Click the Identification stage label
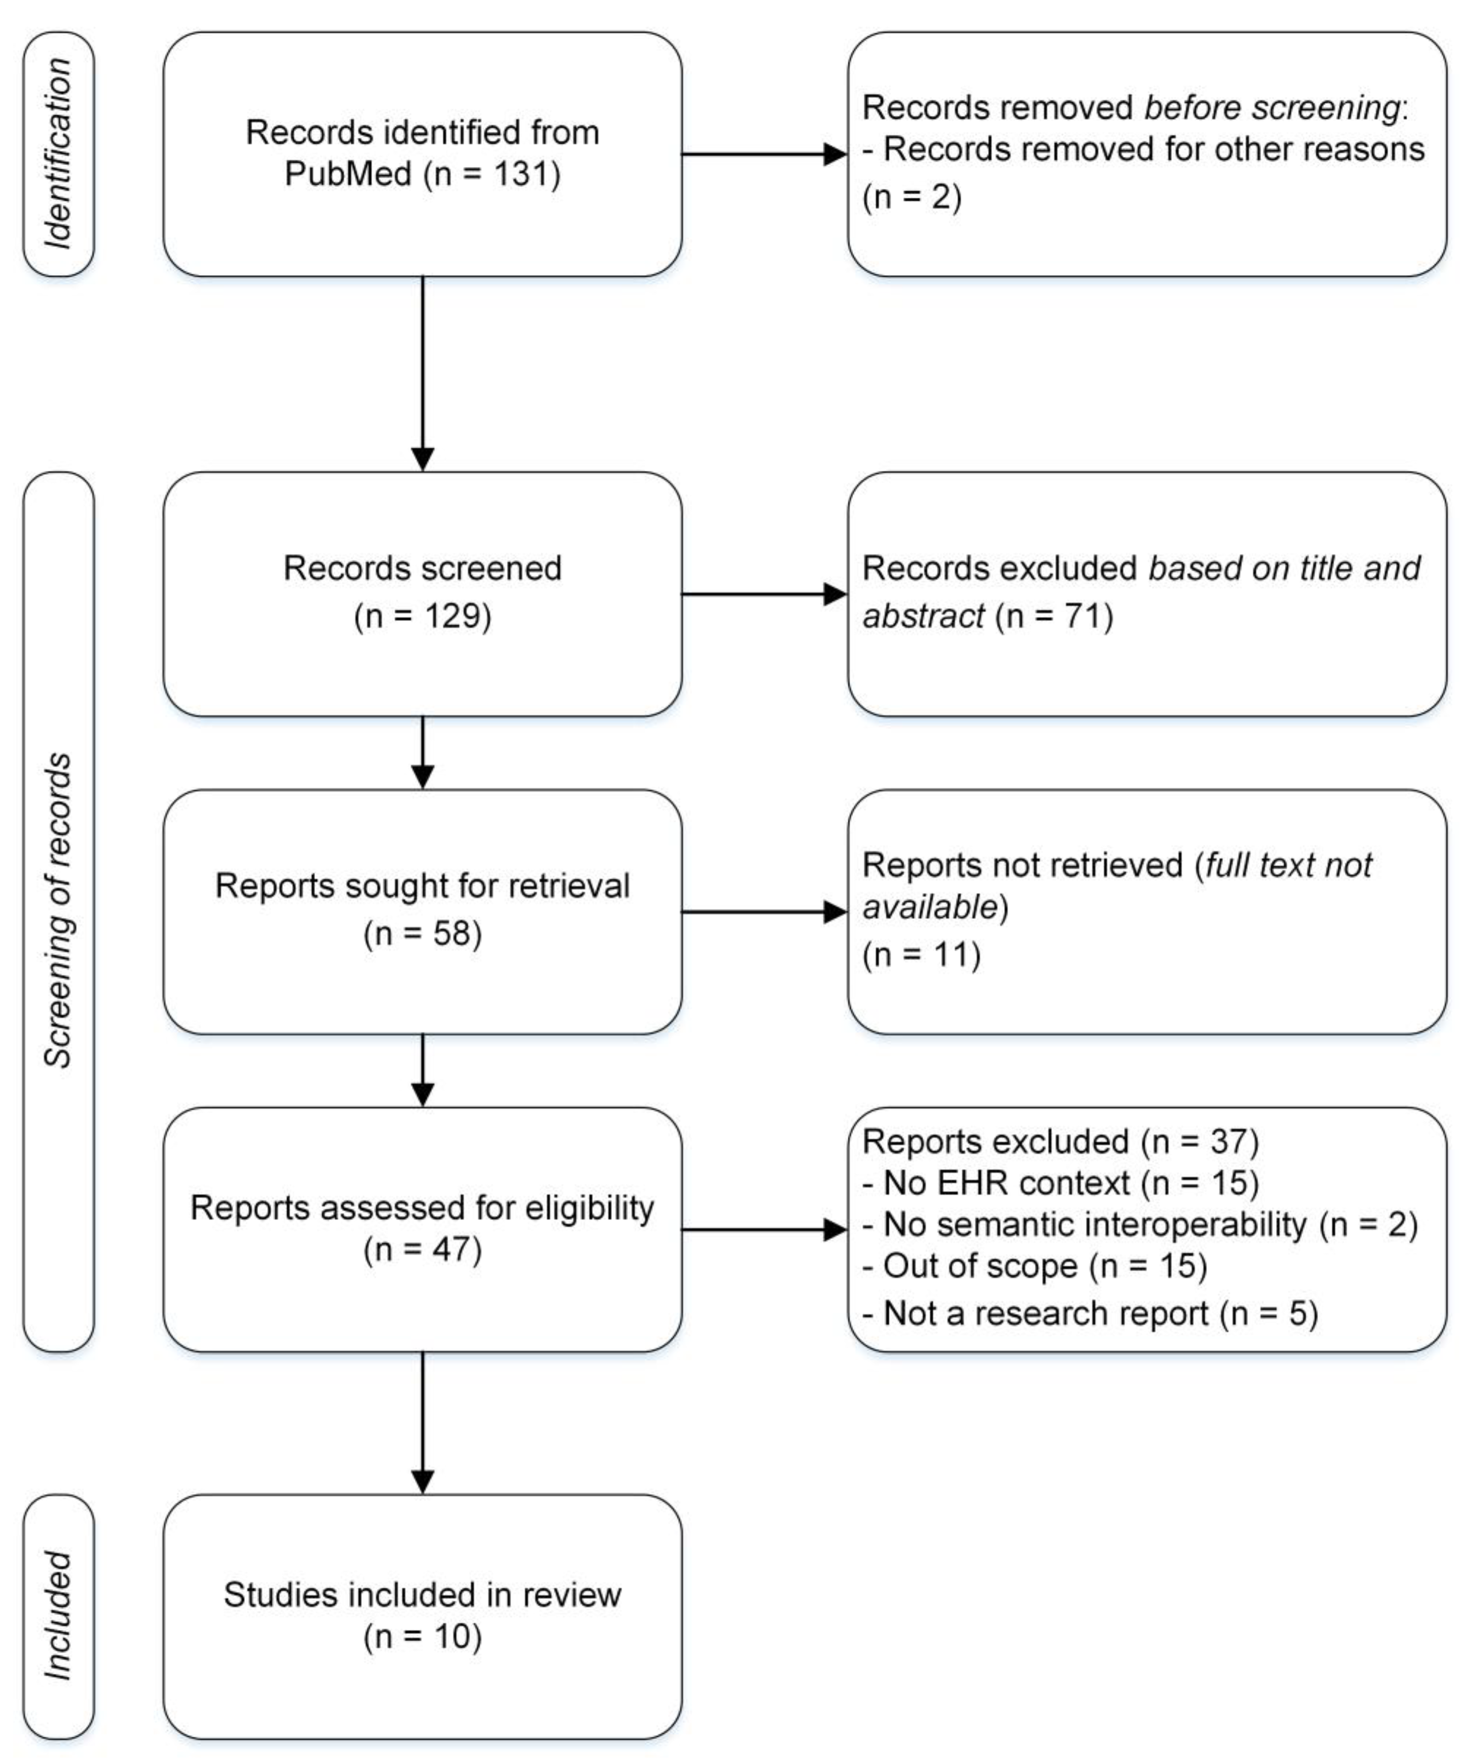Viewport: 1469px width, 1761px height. tap(58, 153)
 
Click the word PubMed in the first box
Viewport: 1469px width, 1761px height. tap(348, 174)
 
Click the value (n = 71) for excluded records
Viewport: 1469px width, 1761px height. tap(1054, 616)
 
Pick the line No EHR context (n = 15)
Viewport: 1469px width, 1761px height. tap(1060, 1183)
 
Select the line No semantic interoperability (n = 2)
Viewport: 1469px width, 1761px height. tap(1139, 1225)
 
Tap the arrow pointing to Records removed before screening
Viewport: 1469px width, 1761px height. tap(763, 154)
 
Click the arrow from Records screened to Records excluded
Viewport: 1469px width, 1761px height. tap(763, 594)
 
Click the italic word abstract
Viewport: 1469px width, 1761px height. tap(922, 616)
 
